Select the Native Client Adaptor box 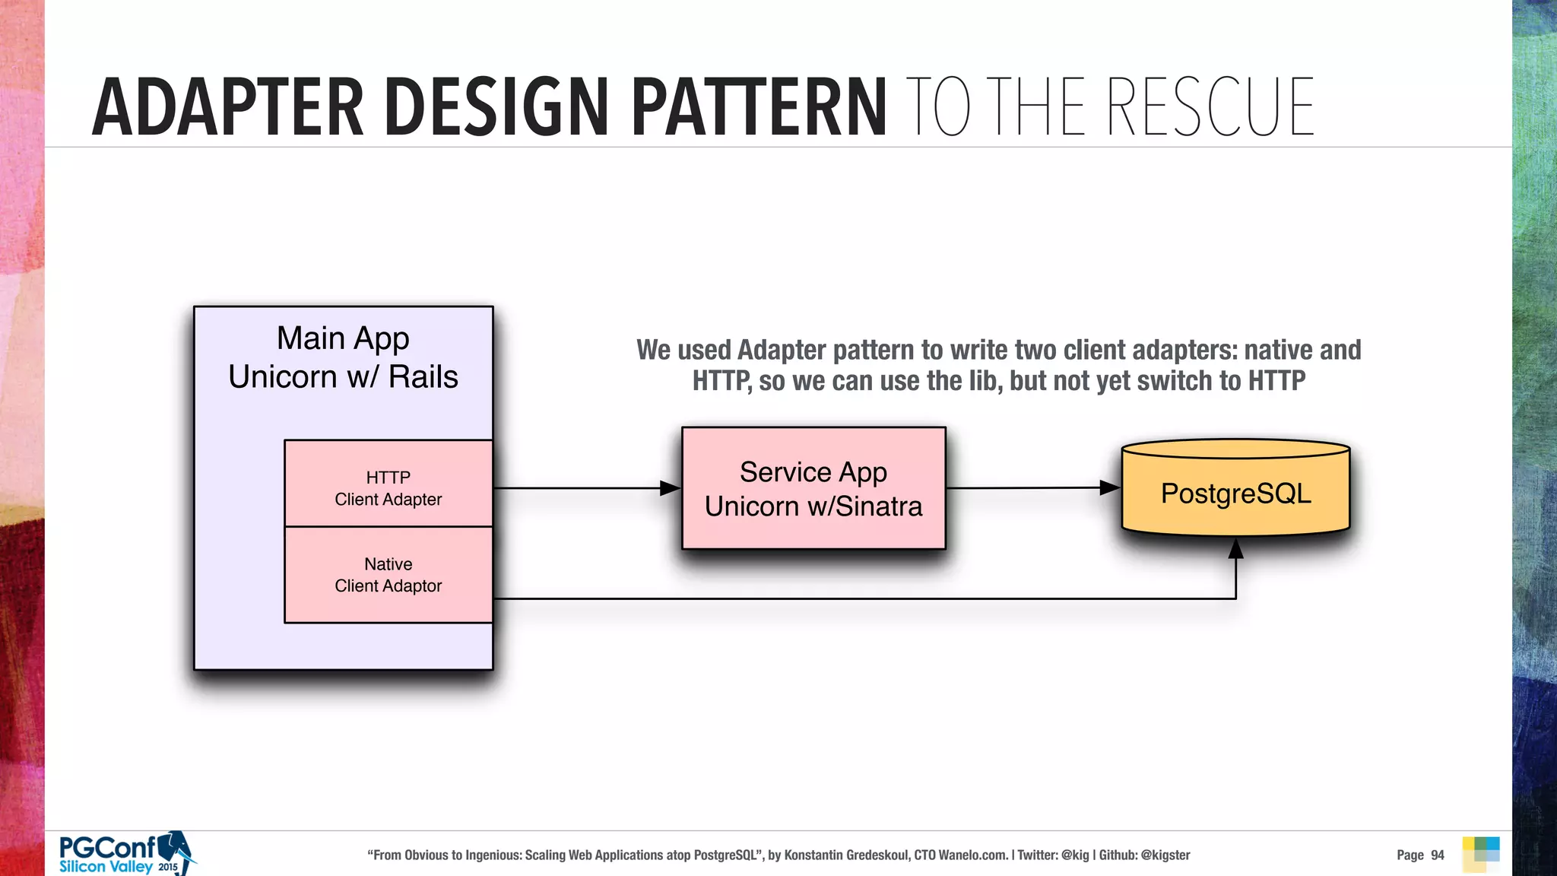(x=388, y=575)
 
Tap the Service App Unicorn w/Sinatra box (x=813, y=489)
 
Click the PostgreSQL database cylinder (x=1235, y=492)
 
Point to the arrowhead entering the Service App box (x=670, y=488)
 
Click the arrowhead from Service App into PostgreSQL (x=1110, y=487)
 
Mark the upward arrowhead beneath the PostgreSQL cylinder (x=1236, y=549)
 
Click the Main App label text (x=343, y=338)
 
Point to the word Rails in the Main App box (x=423, y=377)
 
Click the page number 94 (x=1438, y=855)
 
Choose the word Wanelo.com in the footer (x=973, y=855)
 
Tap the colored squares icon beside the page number (x=1481, y=854)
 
